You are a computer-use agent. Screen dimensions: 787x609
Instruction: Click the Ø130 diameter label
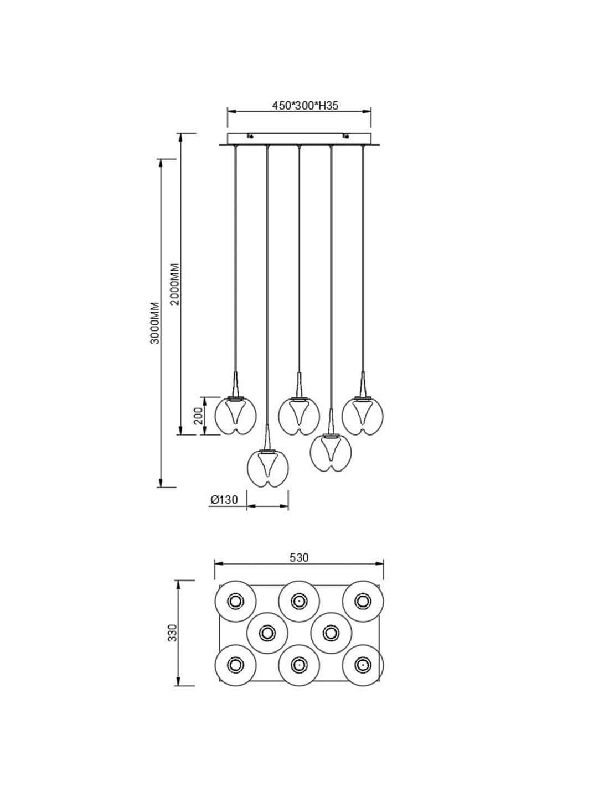(x=224, y=500)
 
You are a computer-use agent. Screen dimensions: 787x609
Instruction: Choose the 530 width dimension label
(x=299, y=557)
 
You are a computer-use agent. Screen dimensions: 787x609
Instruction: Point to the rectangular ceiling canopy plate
(x=299, y=138)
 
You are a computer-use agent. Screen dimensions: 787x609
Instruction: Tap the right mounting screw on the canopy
(x=346, y=136)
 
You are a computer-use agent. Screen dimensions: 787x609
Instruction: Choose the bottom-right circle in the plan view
(x=363, y=664)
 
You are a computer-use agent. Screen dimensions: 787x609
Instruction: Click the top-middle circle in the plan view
(x=299, y=601)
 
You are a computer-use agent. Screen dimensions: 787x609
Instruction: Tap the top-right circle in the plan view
(x=363, y=601)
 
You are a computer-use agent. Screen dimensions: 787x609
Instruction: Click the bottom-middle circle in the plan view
(x=299, y=664)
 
